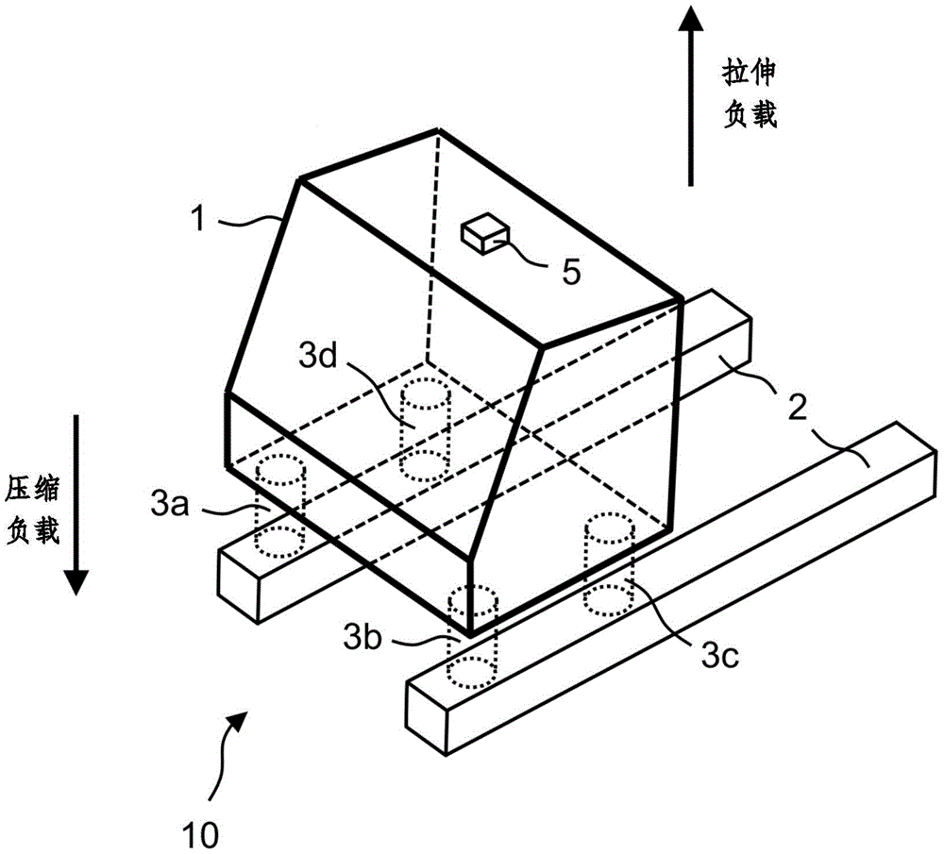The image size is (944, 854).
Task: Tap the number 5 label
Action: click(571, 272)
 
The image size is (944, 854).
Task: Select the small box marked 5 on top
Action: click(485, 234)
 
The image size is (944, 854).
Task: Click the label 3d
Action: click(318, 357)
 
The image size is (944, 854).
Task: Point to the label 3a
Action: click(170, 503)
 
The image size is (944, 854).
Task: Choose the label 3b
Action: click(362, 636)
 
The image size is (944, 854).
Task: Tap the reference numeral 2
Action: click(797, 408)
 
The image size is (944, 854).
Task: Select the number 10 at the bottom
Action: click(200, 834)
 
